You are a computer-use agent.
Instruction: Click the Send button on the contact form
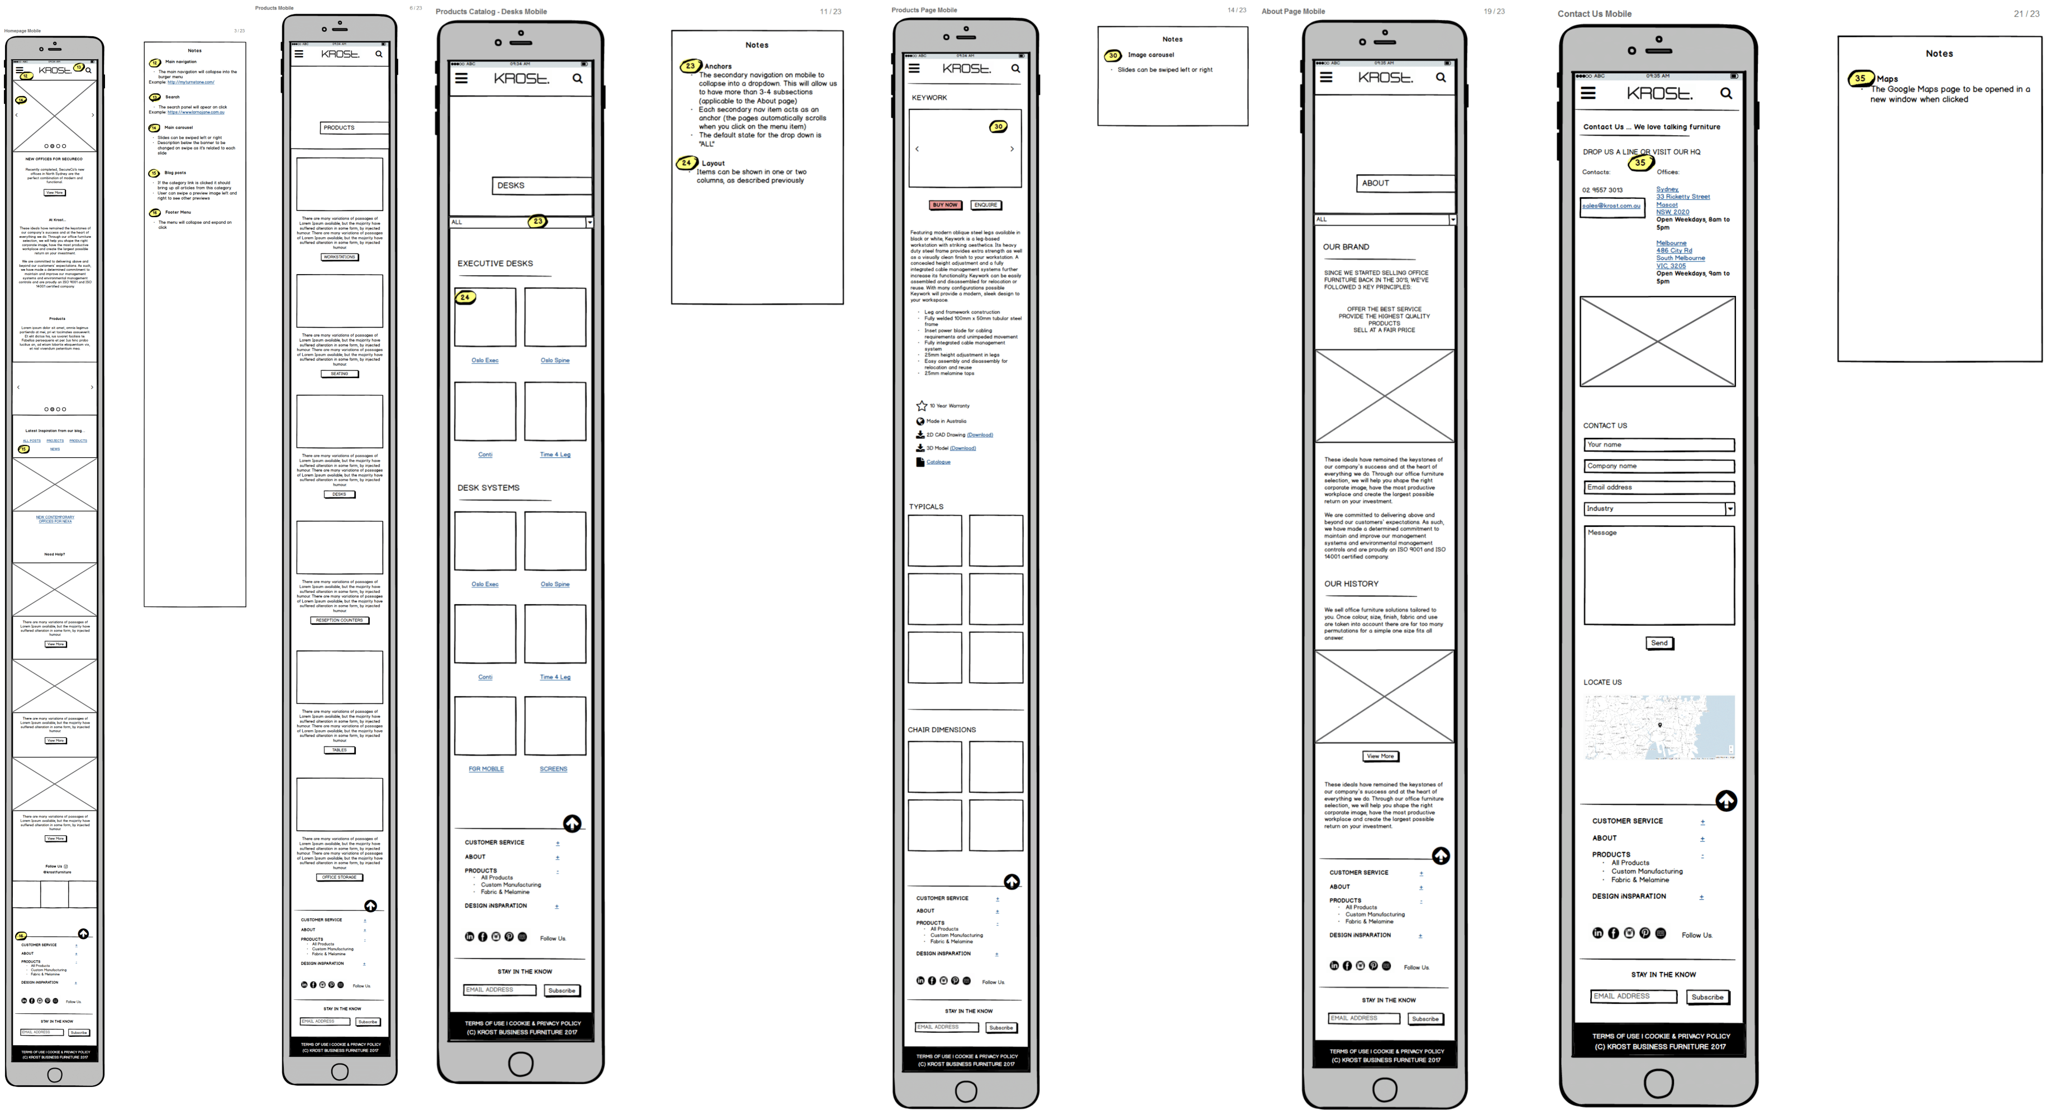(x=1659, y=643)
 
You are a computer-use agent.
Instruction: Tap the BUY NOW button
(x=945, y=205)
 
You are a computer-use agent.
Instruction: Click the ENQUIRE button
(x=986, y=205)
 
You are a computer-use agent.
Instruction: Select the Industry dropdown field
(x=1658, y=509)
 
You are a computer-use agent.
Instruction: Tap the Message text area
(x=1658, y=574)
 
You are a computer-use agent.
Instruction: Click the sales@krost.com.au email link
(x=1611, y=206)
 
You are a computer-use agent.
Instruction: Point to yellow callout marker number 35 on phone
(x=1640, y=162)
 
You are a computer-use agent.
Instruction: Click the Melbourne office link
(x=1671, y=243)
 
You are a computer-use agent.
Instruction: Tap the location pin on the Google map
(x=1659, y=725)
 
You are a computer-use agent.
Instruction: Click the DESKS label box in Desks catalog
(x=541, y=185)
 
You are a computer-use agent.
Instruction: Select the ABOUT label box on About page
(x=1405, y=183)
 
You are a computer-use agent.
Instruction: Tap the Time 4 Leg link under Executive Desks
(x=555, y=454)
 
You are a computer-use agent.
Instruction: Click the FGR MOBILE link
(x=486, y=769)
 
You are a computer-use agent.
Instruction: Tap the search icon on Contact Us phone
(x=1725, y=94)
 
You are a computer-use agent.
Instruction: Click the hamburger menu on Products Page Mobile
(x=914, y=69)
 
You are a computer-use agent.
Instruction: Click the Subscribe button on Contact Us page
(x=1707, y=998)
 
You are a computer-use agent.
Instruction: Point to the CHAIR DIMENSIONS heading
(x=941, y=730)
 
